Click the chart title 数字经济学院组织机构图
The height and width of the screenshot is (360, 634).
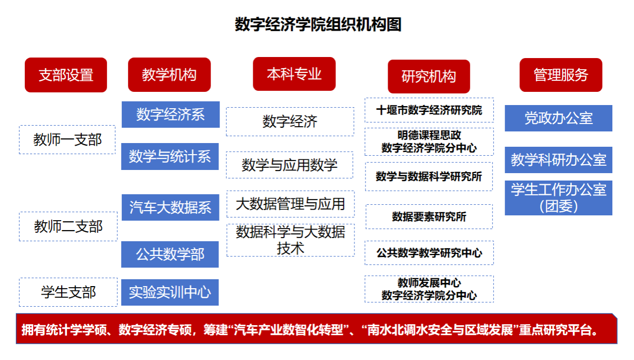318,24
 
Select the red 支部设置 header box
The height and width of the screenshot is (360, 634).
66,75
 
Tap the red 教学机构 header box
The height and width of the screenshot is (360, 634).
169,75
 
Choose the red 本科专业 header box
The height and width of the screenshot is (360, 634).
294,74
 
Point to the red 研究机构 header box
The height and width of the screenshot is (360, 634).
429,77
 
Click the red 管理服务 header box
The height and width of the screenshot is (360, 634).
561,75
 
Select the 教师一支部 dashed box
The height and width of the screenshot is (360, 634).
68,140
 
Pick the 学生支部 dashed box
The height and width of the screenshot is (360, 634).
68,292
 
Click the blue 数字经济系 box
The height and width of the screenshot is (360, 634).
171,115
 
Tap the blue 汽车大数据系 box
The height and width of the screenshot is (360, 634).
170,207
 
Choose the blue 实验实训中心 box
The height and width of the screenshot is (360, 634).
170,292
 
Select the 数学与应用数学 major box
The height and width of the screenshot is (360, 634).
290,165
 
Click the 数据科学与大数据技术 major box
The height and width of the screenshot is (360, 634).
291,240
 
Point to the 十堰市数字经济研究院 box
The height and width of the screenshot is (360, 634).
429,110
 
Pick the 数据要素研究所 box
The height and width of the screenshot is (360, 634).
429,216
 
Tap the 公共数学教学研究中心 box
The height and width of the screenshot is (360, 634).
429,253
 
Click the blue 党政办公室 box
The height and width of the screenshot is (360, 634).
559,118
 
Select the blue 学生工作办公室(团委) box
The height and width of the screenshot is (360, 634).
559,198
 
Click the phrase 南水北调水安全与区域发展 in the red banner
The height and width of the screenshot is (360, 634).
440,330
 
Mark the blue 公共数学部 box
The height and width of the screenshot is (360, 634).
170,254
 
